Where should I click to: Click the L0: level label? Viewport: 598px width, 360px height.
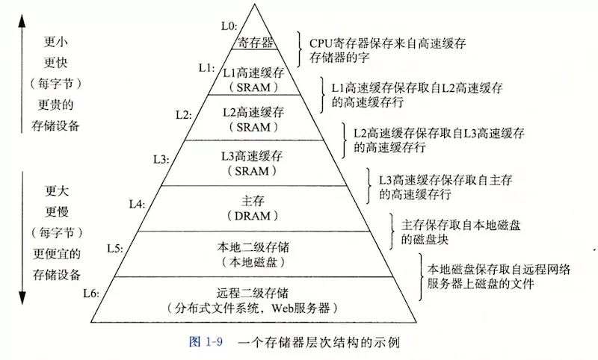point(229,26)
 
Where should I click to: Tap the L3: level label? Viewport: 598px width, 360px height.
point(161,159)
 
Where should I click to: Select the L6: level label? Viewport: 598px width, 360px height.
point(91,294)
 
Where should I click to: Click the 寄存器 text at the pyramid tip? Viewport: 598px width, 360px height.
point(256,43)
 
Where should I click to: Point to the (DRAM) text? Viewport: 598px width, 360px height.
point(253,216)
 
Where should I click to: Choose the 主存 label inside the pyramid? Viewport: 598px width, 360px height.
point(253,201)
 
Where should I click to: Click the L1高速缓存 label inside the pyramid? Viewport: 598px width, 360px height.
point(253,72)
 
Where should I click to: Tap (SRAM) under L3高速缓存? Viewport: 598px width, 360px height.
point(252,171)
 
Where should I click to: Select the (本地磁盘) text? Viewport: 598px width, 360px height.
point(253,262)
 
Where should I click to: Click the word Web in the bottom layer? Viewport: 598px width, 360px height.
point(283,308)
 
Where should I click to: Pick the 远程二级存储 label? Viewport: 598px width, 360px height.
point(253,293)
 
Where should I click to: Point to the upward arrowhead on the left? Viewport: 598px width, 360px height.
point(22,22)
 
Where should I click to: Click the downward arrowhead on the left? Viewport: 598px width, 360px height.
point(22,298)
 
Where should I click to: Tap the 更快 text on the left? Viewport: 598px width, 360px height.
point(55,63)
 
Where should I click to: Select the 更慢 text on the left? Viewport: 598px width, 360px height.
point(57,211)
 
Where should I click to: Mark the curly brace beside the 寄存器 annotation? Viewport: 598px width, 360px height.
point(300,49)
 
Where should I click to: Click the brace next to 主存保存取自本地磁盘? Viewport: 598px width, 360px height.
point(392,232)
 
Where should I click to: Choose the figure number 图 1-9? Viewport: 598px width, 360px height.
point(206,342)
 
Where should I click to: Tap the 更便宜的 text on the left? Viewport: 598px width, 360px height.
point(57,253)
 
